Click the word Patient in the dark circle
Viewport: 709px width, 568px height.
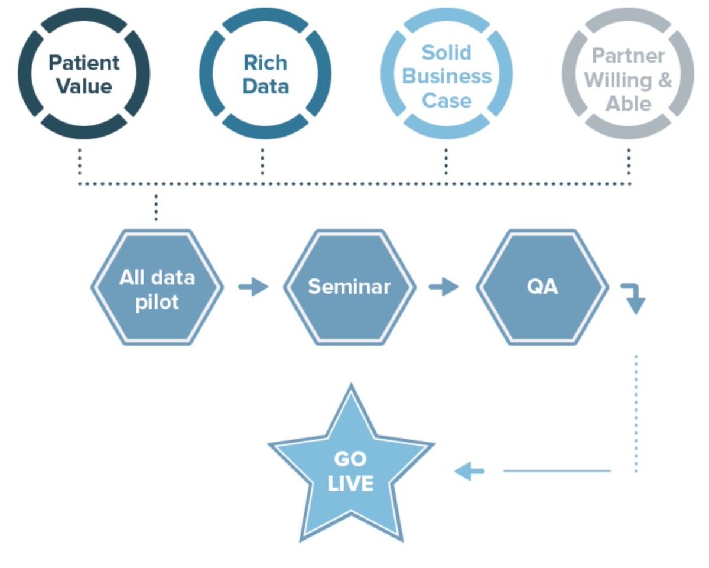tap(84, 63)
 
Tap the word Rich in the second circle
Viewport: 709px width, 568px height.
tap(265, 63)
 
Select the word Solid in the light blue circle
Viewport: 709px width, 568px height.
tap(447, 53)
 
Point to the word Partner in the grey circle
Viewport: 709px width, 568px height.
tap(628, 56)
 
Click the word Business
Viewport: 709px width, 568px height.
tap(447, 76)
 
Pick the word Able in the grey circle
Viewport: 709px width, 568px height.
tap(628, 104)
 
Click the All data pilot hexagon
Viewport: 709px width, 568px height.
tap(157, 287)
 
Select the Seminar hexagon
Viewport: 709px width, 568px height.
tap(350, 287)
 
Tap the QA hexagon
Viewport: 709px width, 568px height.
tap(542, 287)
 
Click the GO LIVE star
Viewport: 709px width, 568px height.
tap(351, 468)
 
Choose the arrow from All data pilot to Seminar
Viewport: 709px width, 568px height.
tap(253, 287)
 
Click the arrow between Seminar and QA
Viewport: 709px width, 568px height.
tap(444, 287)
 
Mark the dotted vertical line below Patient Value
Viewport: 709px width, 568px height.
tap(80, 161)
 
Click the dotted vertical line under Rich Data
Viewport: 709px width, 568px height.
tap(262, 161)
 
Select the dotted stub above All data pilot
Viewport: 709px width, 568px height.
tap(156, 207)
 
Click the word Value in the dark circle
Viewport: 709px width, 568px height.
tap(84, 86)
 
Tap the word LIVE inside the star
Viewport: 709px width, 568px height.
tap(350, 483)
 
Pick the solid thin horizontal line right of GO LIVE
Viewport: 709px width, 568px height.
tap(557, 471)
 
